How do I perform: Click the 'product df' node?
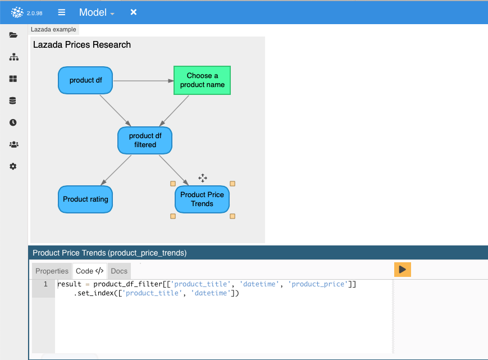pyautogui.click(x=86, y=80)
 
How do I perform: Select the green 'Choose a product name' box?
pyautogui.click(x=202, y=80)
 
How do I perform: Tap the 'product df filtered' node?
pyautogui.click(x=145, y=140)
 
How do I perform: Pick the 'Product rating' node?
pyautogui.click(x=85, y=199)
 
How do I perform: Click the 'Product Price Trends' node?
pyautogui.click(x=202, y=199)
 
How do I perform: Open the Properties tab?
pyautogui.click(x=52, y=271)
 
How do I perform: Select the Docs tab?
pyautogui.click(x=119, y=271)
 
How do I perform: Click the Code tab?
pyautogui.click(x=89, y=271)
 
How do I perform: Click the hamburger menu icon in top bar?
pyautogui.click(x=62, y=12)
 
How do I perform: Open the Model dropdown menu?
pyautogui.click(x=97, y=12)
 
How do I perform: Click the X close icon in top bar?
pyautogui.click(x=134, y=12)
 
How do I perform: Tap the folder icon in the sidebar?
pyautogui.click(x=13, y=35)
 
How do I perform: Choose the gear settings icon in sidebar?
pyautogui.click(x=13, y=166)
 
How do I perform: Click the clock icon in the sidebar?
pyautogui.click(x=13, y=122)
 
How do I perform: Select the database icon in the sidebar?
pyautogui.click(x=13, y=101)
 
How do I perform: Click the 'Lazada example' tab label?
pyautogui.click(x=53, y=29)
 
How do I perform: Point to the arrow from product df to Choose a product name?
pyautogui.click(x=143, y=80)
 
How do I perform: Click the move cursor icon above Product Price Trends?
pyautogui.click(x=203, y=178)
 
